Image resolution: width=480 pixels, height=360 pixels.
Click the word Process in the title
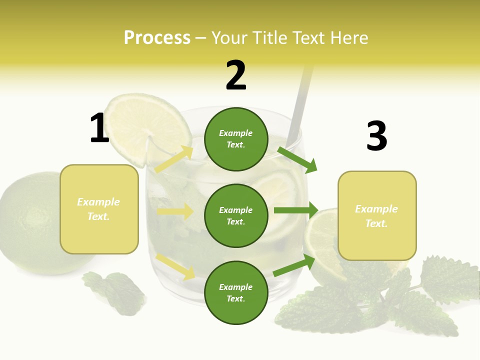(157, 38)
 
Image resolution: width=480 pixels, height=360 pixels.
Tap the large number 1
(99, 128)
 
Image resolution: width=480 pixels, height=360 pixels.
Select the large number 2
(236, 75)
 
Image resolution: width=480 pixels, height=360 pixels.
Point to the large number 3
(376, 136)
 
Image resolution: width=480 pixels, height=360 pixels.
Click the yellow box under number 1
(99, 209)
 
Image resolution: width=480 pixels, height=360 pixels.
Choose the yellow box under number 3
(377, 216)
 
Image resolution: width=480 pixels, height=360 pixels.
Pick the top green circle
(236, 139)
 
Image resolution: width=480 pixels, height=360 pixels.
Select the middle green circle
(236, 215)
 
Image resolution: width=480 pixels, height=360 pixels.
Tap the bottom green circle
(236, 292)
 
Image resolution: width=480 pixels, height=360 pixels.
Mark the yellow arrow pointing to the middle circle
(175, 211)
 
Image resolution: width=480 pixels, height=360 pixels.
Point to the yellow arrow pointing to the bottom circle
(175, 266)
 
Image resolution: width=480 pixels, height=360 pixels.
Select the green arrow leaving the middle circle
(296, 210)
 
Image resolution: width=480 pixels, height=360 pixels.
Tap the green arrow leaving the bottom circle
(294, 265)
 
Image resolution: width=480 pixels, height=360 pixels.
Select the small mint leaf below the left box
(116, 292)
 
